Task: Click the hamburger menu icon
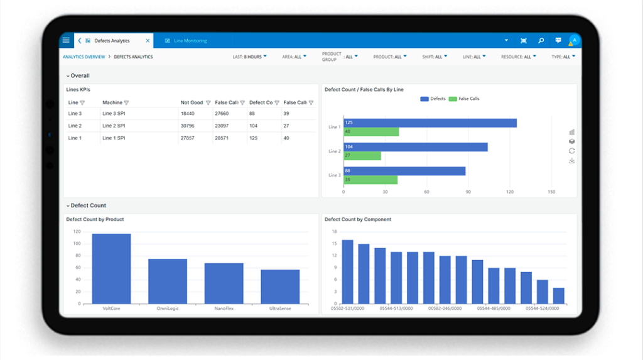point(66,40)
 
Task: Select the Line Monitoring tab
point(190,41)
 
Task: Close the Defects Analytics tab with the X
point(148,41)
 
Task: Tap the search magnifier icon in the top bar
point(541,41)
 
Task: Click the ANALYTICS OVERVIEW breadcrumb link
point(84,57)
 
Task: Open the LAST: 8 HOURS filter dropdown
point(249,57)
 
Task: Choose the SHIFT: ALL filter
point(435,57)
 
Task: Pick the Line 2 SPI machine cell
point(114,126)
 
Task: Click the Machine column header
point(112,102)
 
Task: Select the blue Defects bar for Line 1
point(430,123)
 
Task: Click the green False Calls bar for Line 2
point(362,156)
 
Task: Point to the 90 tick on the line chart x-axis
point(468,192)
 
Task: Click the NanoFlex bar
point(224,283)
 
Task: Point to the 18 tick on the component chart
point(335,231)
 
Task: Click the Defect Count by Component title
point(357,219)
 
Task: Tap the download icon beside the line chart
point(571,161)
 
